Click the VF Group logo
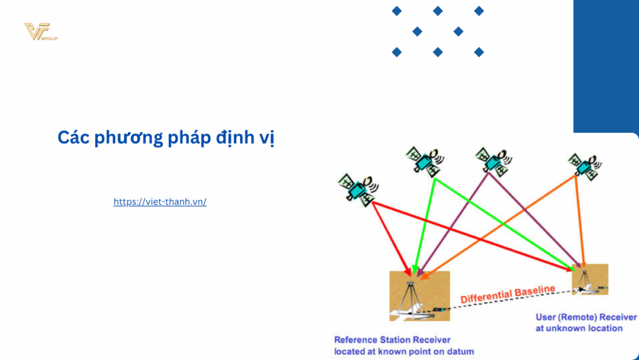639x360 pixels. [x=40, y=32]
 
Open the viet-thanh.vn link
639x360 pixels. [x=160, y=201]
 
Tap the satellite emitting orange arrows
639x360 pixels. [x=584, y=166]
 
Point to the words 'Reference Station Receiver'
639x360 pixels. [x=392, y=340]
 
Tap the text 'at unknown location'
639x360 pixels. [x=578, y=328]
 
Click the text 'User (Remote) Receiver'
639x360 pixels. [x=585, y=317]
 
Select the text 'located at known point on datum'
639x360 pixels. [x=403, y=351]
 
